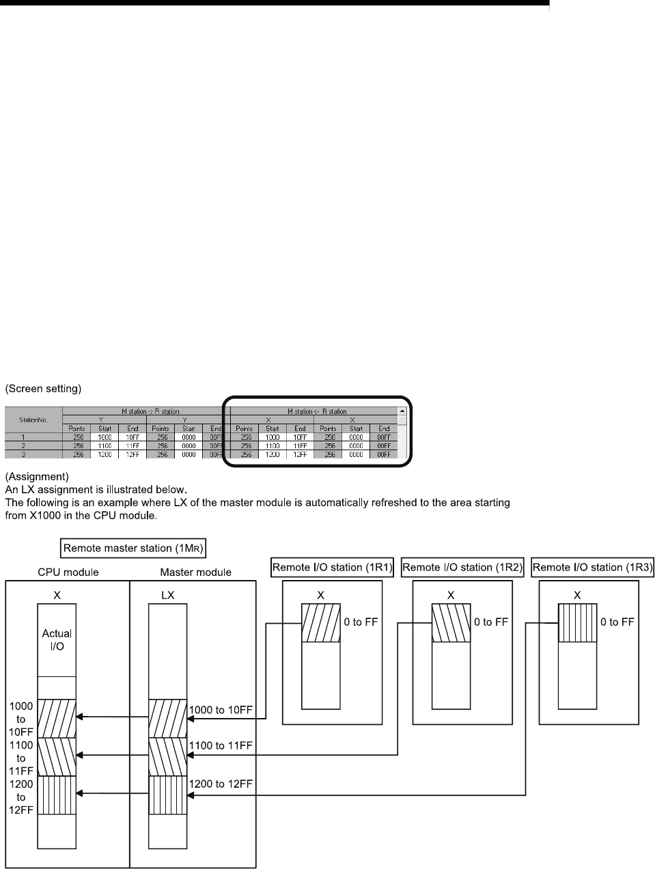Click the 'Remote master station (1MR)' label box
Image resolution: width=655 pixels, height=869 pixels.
pyautogui.click(x=133, y=547)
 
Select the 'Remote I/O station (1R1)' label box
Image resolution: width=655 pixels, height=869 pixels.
pyautogui.click(x=333, y=567)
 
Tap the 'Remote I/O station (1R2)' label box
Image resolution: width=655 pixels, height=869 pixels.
pyautogui.click(x=462, y=567)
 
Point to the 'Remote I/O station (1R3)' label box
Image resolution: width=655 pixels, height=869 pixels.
pyautogui.click(x=592, y=567)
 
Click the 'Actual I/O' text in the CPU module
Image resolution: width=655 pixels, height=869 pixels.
pyautogui.click(x=57, y=639)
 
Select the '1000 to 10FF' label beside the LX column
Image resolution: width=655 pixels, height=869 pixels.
pyautogui.click(x=221, y=711)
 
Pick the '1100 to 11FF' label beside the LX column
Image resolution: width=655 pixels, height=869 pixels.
pyautogui.click(x=221, y=746)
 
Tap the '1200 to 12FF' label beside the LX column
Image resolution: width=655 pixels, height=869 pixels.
pyautogui.click(x=221, y=783)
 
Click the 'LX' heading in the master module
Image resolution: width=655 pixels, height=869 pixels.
pyautogui.click(x=168, y=595)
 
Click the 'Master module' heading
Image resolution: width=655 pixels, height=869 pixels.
pyautogui.click(x=195, y=572)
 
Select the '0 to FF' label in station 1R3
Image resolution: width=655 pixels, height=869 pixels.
pyautogui.click(x=617, y=622)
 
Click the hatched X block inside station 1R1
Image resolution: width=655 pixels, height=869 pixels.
pyautogui.click(x=321, y=623)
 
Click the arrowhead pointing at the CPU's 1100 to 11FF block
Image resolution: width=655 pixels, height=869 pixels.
pyautogui.click(x=81, y=755)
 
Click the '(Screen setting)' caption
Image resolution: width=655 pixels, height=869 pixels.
pyautogui.click(x=44, y=389)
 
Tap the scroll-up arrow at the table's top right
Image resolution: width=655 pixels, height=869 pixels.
pyautogui.click(x=402, y=411)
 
